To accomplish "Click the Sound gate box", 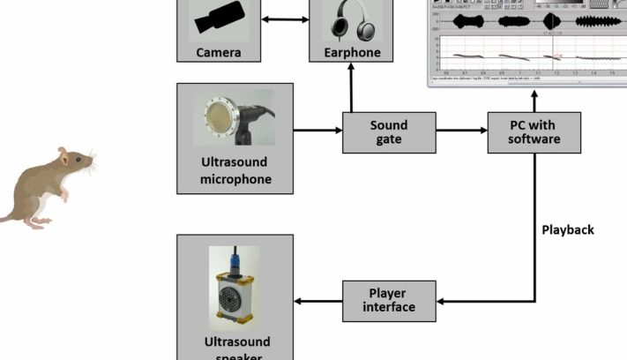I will tap(388, 131).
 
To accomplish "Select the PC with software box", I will tap(534, 131).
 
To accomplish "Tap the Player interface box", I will tap(390, 301).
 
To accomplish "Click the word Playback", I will tap(567, 230).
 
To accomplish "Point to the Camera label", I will tap(219, 53).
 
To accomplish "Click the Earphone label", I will tap(351, 53).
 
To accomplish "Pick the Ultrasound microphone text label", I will tap(235, 171).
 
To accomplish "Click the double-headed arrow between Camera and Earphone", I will tap(285, 20).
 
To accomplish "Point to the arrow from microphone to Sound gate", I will tap(317, 131).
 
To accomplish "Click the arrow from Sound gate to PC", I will tap(459, 131).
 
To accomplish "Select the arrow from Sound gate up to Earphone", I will tap(351, 88).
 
